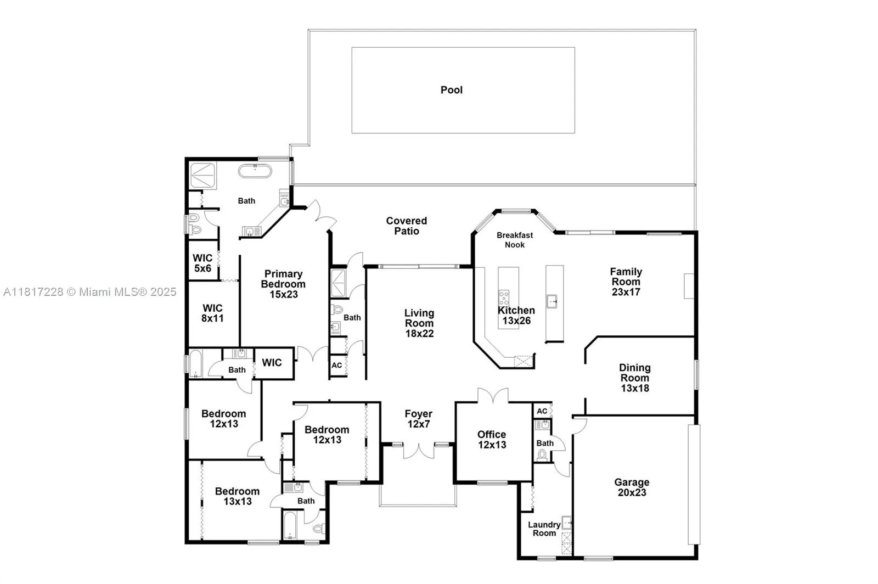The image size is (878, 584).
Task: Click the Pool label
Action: coord(452,90)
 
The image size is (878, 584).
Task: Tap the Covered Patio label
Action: coord(406,226)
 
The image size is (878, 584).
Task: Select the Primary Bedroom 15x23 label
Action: coord(283,284)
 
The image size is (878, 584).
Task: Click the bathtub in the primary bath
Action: coord(255,171)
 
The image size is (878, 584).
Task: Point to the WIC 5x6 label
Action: coord(202,263)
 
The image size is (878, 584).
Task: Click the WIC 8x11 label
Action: coord(212,313)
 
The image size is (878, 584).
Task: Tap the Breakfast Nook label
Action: coord(515,240)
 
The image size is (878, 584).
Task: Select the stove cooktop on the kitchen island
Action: coord(504,298)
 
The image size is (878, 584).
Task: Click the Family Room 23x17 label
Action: coord(626,282)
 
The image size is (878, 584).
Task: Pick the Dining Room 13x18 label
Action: coord(635,378)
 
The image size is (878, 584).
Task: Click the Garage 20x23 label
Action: coord(632,487)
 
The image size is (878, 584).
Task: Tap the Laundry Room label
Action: coord(544,529)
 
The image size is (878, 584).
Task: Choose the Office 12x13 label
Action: coord(492,439)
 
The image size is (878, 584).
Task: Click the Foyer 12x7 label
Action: coord(419,419)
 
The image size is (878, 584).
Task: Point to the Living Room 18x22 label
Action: coord(419,323)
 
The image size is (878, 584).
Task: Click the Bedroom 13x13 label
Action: coord(237,496)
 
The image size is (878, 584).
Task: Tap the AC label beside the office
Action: coord(542,411)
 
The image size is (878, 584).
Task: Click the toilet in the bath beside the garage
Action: coord(543,454)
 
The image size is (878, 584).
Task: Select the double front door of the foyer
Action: coord(418,451)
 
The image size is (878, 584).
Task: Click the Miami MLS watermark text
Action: coord(90,292)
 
